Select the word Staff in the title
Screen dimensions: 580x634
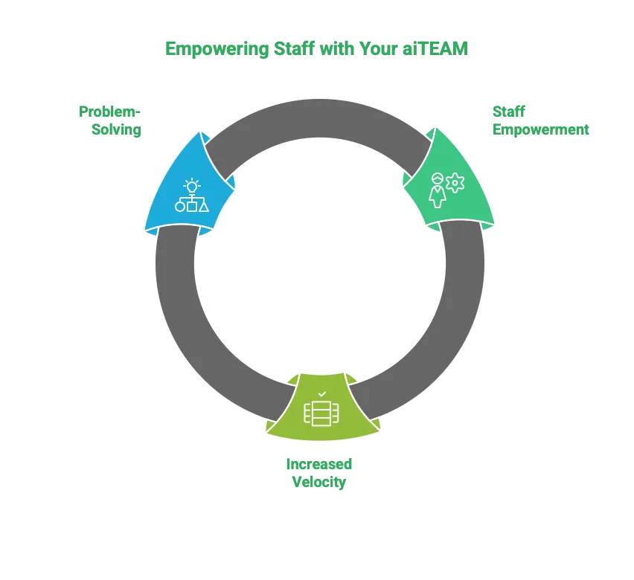coord(286,49)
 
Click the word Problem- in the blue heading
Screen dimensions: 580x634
coord(109,112)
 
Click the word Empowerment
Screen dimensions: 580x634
coord(540,130)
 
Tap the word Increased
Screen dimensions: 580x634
coord(320,464)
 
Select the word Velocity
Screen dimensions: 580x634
coord(320,483)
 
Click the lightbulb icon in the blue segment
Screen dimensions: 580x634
coord(192,186)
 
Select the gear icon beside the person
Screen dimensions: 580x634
coord(455,182)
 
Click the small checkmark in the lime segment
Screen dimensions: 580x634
coord(321,393)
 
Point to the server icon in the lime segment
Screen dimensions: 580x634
coord(321,413)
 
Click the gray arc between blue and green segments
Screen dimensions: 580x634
coord(320,119)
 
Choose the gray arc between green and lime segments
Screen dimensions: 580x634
coord(446,327)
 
